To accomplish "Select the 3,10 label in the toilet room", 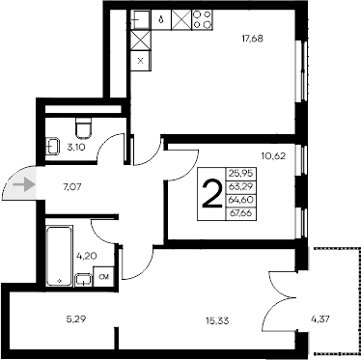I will [x=75, y=147].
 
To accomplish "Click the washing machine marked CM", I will [x=103, y=278].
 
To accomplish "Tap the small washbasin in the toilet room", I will [x=51, y=147].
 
